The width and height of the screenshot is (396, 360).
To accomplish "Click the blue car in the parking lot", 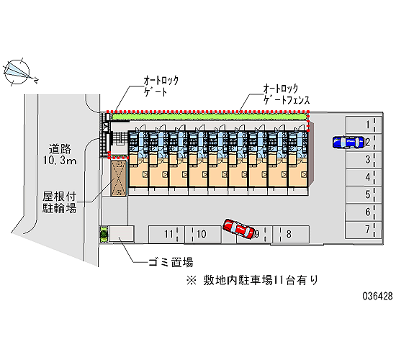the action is coord(348,142).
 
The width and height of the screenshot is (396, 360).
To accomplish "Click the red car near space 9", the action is coord(238,229).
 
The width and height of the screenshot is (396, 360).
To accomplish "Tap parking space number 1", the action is coord(364,125).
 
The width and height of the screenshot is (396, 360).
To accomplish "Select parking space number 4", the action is coord(364,177).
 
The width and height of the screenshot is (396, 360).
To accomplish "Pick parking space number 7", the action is coord(364,230).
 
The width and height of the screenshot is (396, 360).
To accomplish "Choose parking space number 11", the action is coord(166,234).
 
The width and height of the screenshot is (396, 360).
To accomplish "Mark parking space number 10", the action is coord(203,234).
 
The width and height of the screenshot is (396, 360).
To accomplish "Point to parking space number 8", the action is coord(291,234).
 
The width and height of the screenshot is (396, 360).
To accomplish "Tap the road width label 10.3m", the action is coord(60,160).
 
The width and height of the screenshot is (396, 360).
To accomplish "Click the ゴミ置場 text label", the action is coord(171,262).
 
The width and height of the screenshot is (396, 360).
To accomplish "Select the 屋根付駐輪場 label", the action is coord(59,202).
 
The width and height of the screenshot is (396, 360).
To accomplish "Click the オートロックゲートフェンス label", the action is coord(287,94).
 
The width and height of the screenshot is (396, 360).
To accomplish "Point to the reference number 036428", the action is coord(377,296).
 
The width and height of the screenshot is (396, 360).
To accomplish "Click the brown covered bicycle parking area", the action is coord(119,178).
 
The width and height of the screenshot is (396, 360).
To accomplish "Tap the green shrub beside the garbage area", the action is coord(104,234).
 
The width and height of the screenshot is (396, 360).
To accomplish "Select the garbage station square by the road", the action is coord(121,234).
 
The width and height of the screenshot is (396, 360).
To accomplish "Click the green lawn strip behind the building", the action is coord(210,117).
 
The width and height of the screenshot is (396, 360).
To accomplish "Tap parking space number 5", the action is coord(364,195).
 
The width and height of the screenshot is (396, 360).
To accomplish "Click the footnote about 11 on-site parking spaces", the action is coord(252,280).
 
